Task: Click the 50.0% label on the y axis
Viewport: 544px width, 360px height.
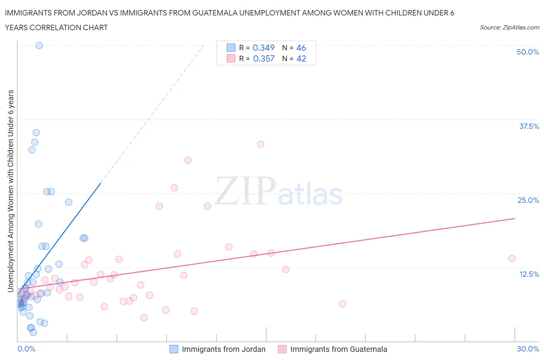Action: click(x=527, y=52)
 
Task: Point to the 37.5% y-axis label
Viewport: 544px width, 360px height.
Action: click(x=529, y=126)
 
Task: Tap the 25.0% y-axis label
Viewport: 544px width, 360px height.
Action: click(x=528, y=200)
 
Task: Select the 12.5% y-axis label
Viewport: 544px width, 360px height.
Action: click(x=529, y=274)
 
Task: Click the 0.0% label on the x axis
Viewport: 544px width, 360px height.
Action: click(x=26, y=349)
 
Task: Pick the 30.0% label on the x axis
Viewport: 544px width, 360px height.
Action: click(x=528, y=349)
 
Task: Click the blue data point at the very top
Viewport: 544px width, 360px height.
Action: click(x=39, y=45)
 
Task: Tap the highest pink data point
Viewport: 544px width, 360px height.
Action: click(x=260, y=144)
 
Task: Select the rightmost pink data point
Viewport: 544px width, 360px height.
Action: click(x=512, y=258)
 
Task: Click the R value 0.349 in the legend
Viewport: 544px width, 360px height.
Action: click(x=263, y=48)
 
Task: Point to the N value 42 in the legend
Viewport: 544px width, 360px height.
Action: click(x=301, y=58)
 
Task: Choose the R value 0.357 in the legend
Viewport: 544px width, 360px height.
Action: click(x=263, y=58)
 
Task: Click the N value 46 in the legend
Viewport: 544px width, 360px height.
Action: click(x=301, y=48)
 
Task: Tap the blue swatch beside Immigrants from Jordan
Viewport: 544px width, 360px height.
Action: click(x=174, y=349)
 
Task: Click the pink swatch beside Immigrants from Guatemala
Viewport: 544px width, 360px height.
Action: click(x=282, y=349)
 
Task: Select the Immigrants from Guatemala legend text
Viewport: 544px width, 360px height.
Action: click(x=339, y=349)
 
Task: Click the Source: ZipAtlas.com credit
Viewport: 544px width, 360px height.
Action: click(x=509, y=27)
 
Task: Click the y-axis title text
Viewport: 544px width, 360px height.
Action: click(x=10, y=191)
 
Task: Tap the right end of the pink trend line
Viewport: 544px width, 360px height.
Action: click(x=515, y=218)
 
